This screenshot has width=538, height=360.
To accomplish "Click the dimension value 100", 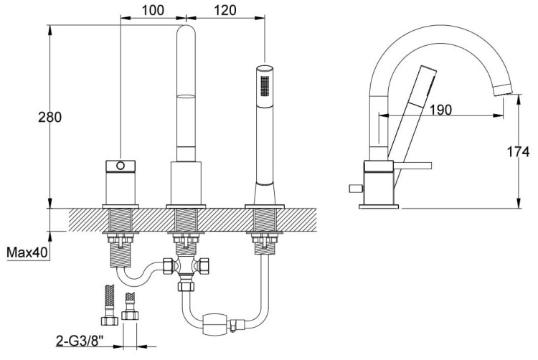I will (153, 10).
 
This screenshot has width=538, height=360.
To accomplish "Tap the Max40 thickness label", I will (26, 252).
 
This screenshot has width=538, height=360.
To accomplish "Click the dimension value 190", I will (441, 110).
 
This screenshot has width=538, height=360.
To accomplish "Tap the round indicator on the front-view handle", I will (120, 166).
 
